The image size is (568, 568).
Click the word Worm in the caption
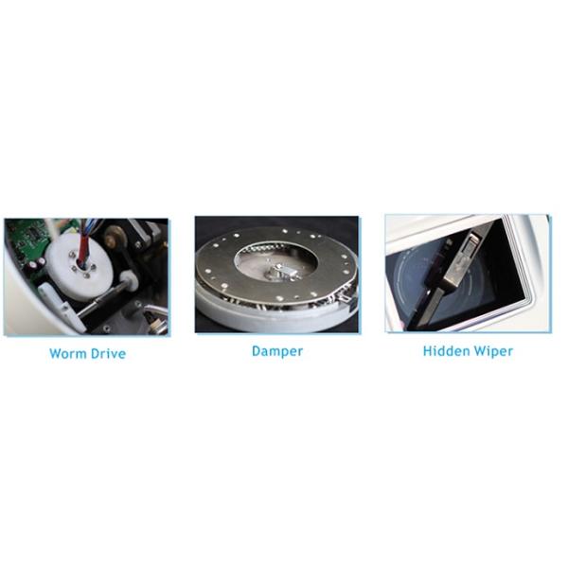(68, 353)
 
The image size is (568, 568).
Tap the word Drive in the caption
(108, 353)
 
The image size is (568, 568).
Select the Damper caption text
(277, 351)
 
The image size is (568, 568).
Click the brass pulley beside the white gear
(115, 236)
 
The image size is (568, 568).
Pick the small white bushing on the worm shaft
(129, 281)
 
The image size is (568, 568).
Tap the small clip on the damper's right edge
(345, 298)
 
